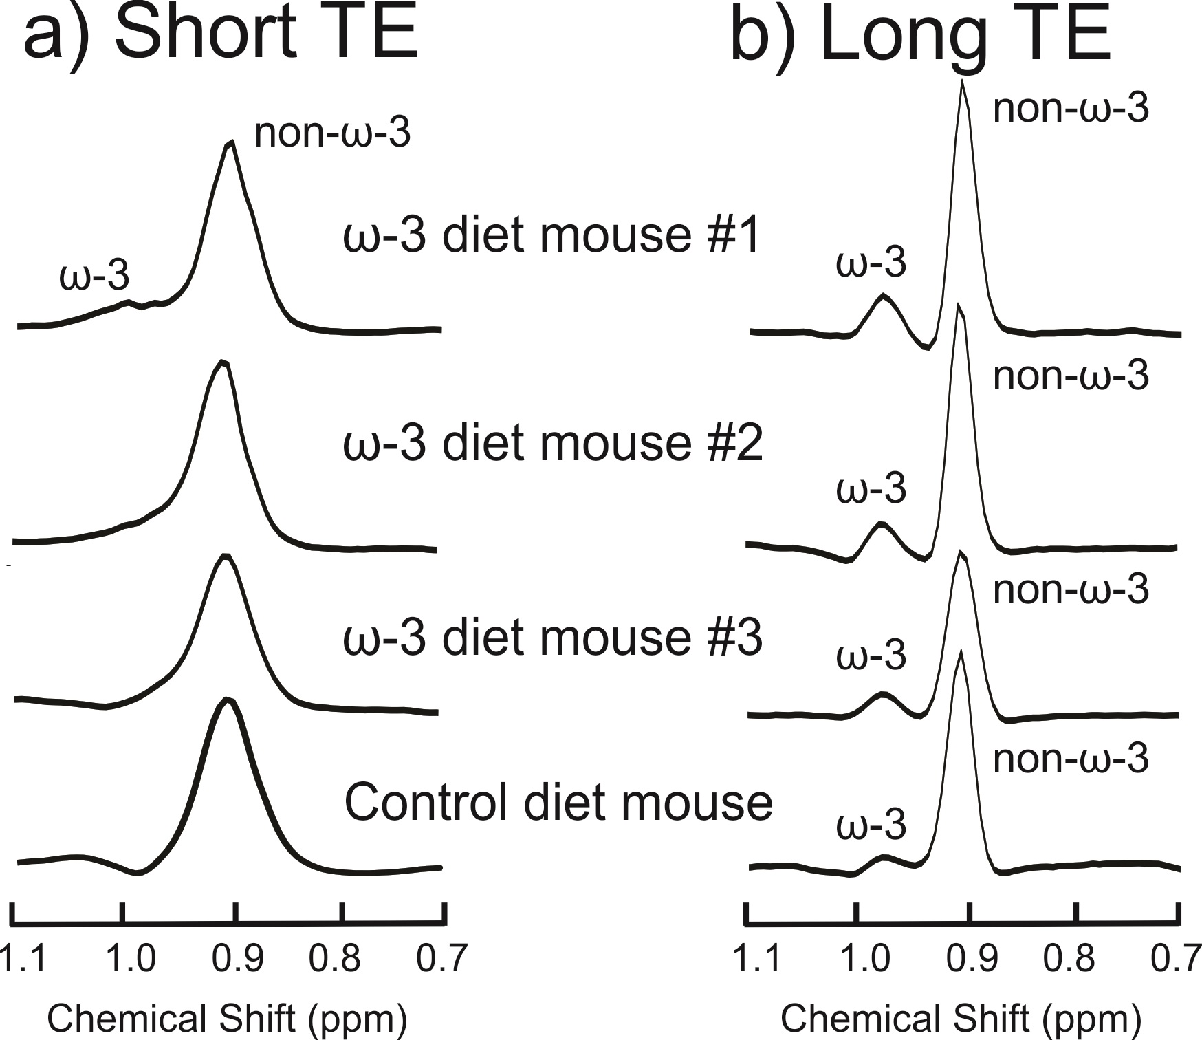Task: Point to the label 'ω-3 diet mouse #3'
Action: (x=553, y=638)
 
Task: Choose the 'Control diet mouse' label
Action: (x=558, y=802)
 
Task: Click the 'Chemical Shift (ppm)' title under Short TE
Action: (x=227, y=1018)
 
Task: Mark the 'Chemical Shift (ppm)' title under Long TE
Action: (x=961, y=1018)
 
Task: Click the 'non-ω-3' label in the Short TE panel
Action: (x=332, y=133)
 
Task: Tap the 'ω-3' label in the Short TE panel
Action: (x=94, y=276)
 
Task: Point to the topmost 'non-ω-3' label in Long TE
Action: (x=1071, y=108)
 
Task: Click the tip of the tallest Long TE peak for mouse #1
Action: (x=962, y=82)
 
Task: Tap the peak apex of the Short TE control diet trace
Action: (x=226, y=700)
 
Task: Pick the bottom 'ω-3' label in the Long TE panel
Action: (x=871, y=825)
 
